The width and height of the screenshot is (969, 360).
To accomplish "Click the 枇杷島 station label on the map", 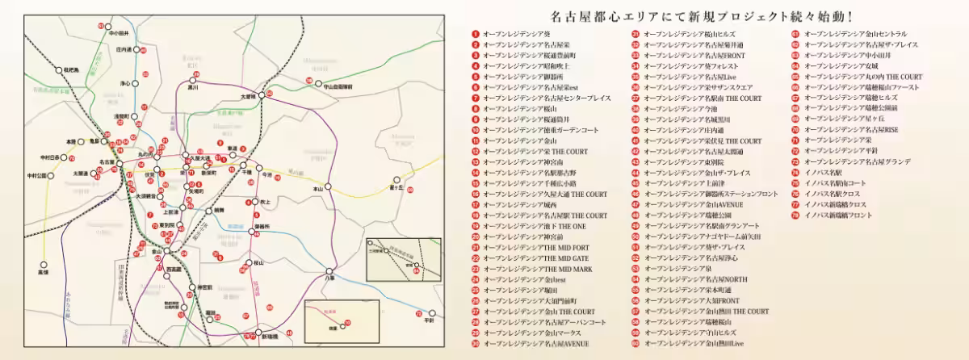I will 72,70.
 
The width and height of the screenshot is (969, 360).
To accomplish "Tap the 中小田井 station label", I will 119,33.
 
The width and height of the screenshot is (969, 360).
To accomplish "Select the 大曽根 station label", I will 248,97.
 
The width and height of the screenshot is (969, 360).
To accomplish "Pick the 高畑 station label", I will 43,272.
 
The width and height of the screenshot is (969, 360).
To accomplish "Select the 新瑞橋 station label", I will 270,336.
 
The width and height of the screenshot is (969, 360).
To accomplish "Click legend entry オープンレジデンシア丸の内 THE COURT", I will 863,77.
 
